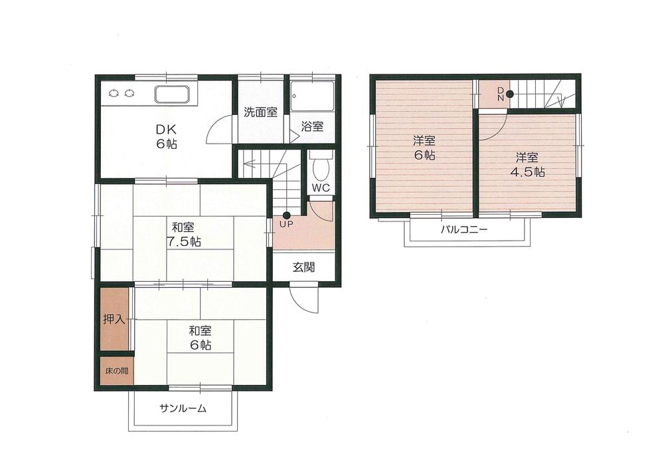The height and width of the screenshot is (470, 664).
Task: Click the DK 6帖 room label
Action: coord(166,136)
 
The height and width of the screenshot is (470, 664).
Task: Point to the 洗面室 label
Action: coord(260,112)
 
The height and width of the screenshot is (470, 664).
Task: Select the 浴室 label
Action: coord(311,126)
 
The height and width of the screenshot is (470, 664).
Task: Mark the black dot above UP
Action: coord(286,215)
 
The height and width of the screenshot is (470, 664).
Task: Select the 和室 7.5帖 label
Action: coord(184,234)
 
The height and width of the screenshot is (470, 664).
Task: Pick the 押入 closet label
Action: coord(114,320)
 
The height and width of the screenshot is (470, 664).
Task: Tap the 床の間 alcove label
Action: coord(116,370)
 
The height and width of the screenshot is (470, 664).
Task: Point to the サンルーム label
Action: coord(183,409)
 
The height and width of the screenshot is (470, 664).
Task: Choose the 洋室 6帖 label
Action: coord(424,148)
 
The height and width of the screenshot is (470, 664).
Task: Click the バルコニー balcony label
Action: coord(464,230)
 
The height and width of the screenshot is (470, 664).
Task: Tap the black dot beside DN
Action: coord(509,94)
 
